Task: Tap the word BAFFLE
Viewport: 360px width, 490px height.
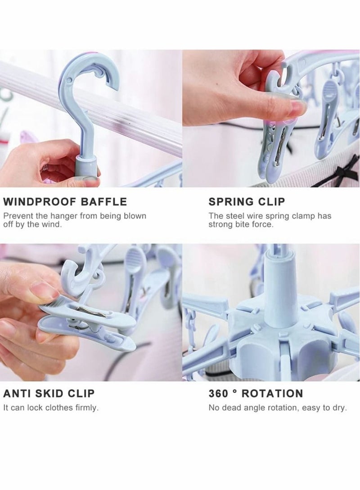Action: pos(105,201)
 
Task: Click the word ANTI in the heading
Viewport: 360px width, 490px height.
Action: pos(16,394)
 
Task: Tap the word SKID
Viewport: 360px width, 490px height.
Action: pos(48,394)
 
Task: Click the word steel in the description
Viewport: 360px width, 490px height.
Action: pos(234,216)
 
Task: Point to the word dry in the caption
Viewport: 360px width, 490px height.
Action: pos(339,408)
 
